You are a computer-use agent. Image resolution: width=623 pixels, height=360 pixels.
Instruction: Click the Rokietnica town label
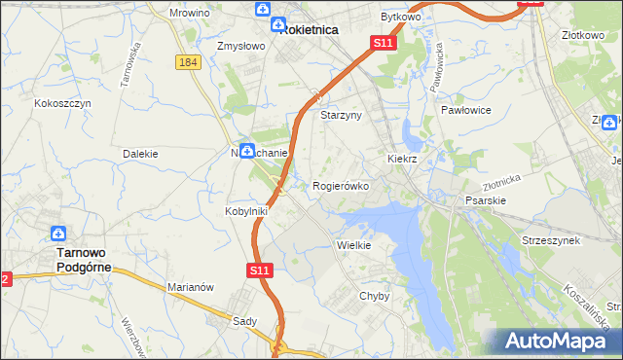click(310, 29)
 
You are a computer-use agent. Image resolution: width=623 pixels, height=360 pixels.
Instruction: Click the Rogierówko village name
click(340, 185)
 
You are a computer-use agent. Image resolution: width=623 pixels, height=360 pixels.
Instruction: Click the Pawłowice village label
click(465, 110)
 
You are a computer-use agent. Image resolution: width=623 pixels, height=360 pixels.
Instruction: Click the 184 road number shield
click(189, 61)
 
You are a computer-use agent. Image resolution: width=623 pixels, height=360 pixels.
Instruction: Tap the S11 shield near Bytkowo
click(384, 44)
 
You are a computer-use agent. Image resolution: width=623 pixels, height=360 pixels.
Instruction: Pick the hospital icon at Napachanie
click(247, 151)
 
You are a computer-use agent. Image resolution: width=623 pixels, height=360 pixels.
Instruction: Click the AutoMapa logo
click(555, 342)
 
